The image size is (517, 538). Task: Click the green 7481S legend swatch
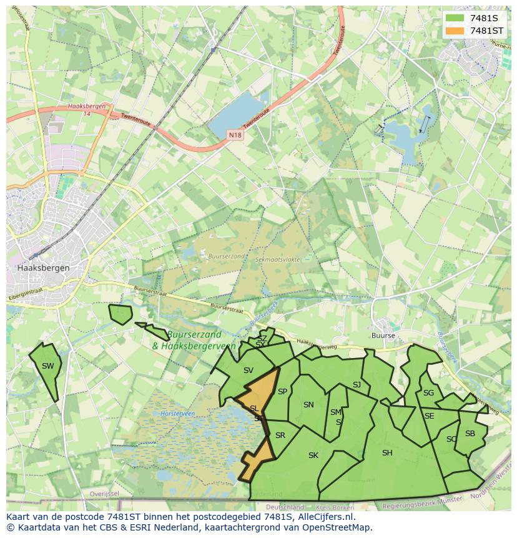[455, 18]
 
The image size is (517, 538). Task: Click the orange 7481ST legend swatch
[455, 31]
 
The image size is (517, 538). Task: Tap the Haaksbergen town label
[43, 267]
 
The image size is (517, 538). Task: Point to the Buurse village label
[383, 336]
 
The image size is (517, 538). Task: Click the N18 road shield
[234, 135]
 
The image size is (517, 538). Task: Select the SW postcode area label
[48, 366]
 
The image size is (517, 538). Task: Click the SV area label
[249, 371]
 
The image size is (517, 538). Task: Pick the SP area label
[282, 392]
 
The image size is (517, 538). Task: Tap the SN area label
[308, 405]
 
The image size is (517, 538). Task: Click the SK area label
[313, 456]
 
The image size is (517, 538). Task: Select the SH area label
[387, 453]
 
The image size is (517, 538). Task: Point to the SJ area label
[357, 385]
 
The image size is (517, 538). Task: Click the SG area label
[428, 393]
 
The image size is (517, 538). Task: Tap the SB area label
[470, 434]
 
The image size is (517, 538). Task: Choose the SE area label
[430, 416]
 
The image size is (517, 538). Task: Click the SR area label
[280, 436]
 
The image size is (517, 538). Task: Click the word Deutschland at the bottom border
[285, 507]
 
